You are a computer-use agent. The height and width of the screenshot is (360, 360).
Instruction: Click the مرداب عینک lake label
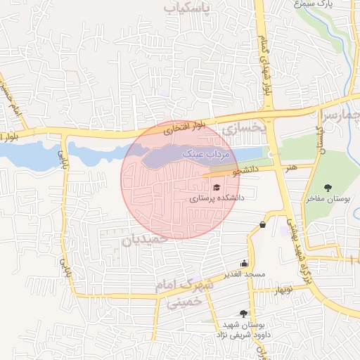tap(201, 152)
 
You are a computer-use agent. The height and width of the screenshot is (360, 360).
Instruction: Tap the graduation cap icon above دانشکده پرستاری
tap(217, 188)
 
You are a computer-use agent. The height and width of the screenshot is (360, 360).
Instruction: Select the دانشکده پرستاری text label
tap(217, 199)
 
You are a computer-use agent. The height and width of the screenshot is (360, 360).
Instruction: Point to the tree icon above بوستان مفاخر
tap(328, 188)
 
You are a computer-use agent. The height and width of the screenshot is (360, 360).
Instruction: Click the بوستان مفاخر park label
tap(328, 199)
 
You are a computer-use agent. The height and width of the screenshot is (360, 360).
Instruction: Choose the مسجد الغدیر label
tap(244, 273)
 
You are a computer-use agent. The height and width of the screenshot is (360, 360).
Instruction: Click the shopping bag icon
tap(262, 224)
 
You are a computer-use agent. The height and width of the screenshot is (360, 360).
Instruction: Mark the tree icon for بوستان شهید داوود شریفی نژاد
tap(243, 314)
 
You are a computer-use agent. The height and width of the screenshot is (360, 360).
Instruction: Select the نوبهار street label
tap(283, 290)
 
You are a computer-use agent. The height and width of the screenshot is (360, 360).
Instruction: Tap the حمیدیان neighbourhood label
tap(146, 239)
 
